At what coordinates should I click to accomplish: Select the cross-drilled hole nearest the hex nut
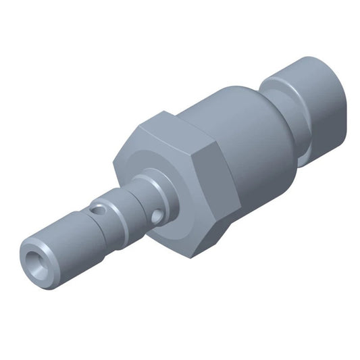157,217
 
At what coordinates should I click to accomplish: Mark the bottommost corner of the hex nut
190,257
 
